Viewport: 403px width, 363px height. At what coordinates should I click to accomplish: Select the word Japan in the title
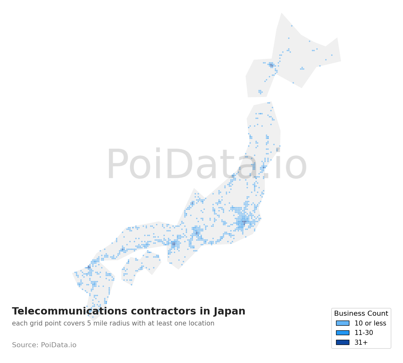tap(229, 311)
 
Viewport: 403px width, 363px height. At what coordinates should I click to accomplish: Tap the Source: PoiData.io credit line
tap(44, 345)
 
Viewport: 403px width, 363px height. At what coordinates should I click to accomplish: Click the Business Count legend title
tap(361, 314)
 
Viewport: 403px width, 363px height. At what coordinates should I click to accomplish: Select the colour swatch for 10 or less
tap(343, 323)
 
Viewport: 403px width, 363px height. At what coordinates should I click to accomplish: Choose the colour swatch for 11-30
tap(343, 333)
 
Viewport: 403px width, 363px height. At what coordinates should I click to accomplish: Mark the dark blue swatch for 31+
tap(343, 343)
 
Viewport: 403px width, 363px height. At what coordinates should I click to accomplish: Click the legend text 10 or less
tap(370, 323)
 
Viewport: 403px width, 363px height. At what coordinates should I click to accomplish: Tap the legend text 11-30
tap(364, 333)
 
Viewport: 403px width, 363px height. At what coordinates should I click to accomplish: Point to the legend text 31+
tap(361, 343)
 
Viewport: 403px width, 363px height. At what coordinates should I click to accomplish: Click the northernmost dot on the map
tap(292, 26)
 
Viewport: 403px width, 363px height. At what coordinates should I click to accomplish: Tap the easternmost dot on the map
tap(332, 55)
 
